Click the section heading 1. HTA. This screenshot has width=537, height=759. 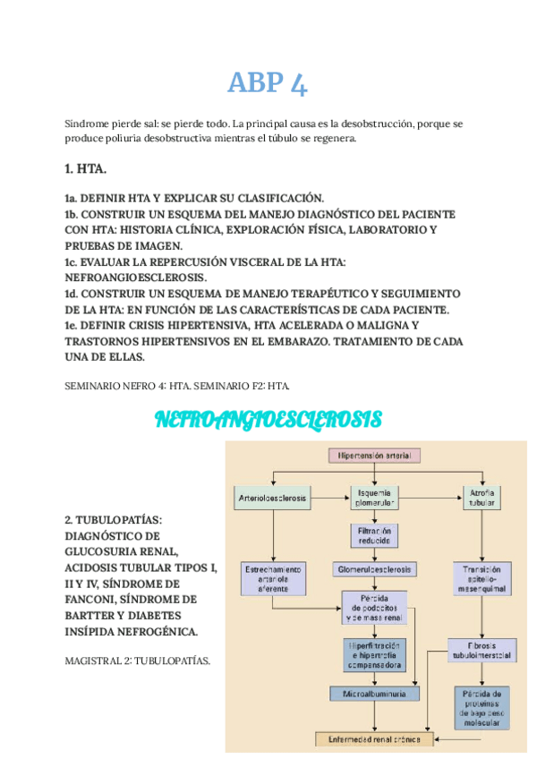click(86, 168)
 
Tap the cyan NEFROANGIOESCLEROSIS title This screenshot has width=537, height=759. click(268, 419)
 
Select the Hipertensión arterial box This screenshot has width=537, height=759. click(375, 456)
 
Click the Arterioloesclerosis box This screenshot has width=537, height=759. click(273, 497)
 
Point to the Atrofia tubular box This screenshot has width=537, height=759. click(482, 497)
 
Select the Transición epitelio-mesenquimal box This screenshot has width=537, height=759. click(482, 579)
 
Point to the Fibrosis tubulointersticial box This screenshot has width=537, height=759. click(482, 650)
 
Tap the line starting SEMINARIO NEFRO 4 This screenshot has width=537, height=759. click(177, 385)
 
